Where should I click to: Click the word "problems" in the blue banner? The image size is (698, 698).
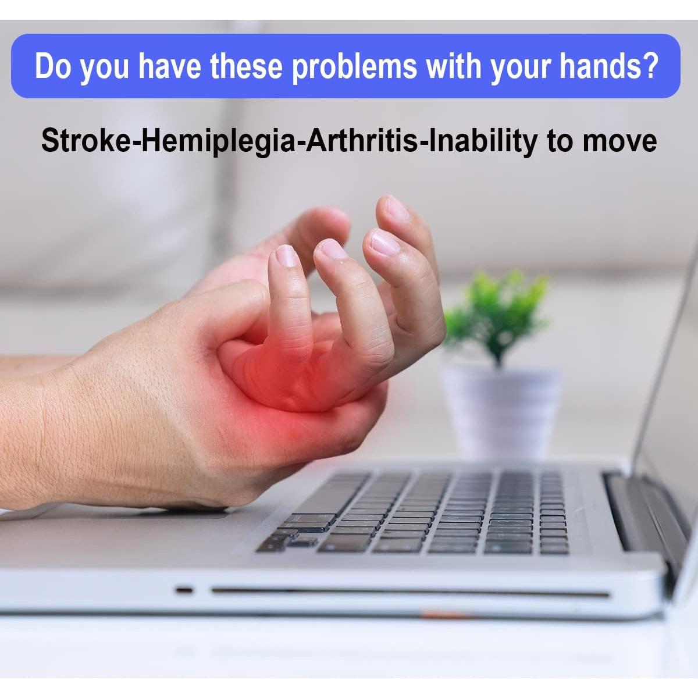point(354,67)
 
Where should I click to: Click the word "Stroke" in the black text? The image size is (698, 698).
point(87,141)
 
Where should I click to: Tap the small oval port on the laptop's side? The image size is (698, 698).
point(184,591)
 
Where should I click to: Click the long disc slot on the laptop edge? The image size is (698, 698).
point(410,593)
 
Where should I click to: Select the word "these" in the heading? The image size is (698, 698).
point(246,66)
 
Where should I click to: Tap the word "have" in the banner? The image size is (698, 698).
point(170,66)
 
